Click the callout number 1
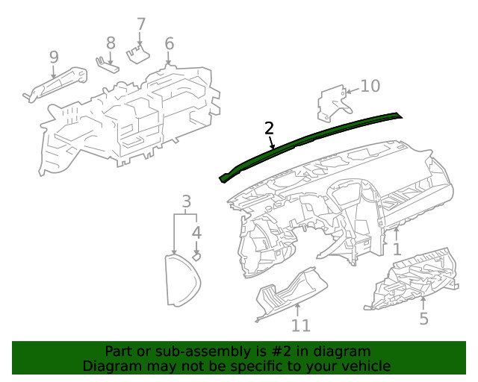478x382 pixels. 397,249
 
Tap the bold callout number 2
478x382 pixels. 269,128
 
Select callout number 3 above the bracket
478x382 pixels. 187,201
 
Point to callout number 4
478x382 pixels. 196,233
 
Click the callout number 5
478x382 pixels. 423,319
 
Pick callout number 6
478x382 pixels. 169,43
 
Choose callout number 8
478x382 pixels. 111,43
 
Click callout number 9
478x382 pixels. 54,57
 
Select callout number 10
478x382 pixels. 370,86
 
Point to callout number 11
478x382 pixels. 300,325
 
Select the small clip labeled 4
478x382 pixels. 197,255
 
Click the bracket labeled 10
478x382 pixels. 330,103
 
